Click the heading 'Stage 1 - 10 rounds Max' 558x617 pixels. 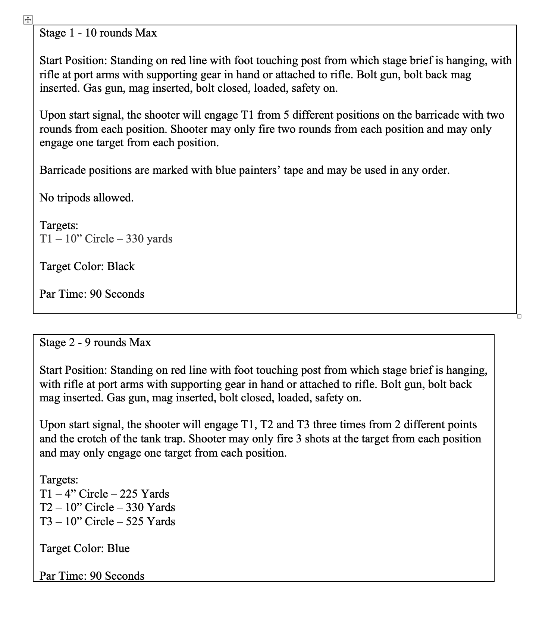98,33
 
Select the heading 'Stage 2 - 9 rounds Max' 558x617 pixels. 95,342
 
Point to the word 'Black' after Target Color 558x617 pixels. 121,266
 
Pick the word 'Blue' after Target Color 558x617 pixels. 118,548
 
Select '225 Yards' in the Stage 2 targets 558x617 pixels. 144,494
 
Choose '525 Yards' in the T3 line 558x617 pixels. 150,522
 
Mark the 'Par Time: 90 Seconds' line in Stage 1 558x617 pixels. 92,294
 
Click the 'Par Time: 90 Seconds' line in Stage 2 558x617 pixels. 92,576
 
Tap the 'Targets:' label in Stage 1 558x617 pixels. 59,225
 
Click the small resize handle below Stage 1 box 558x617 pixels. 519,316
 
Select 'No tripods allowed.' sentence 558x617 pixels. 87,198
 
